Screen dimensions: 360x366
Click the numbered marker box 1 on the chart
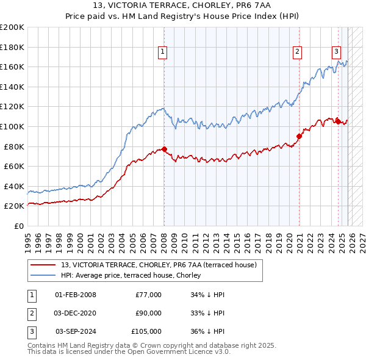[x=163, y=52]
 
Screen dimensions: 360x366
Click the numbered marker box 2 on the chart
[x=297, y=52]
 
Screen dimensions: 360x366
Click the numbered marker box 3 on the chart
[x=336, y=52]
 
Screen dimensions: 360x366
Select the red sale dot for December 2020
[x=299, y=136]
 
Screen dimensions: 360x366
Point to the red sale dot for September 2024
[x=338, y=121]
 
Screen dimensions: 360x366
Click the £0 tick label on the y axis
[x=18, y=226]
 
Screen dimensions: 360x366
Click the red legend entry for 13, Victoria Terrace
[x=161, y=264]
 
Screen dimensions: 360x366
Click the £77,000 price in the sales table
[x=148, y=295]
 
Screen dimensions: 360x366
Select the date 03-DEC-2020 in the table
[x=76, y=313]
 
